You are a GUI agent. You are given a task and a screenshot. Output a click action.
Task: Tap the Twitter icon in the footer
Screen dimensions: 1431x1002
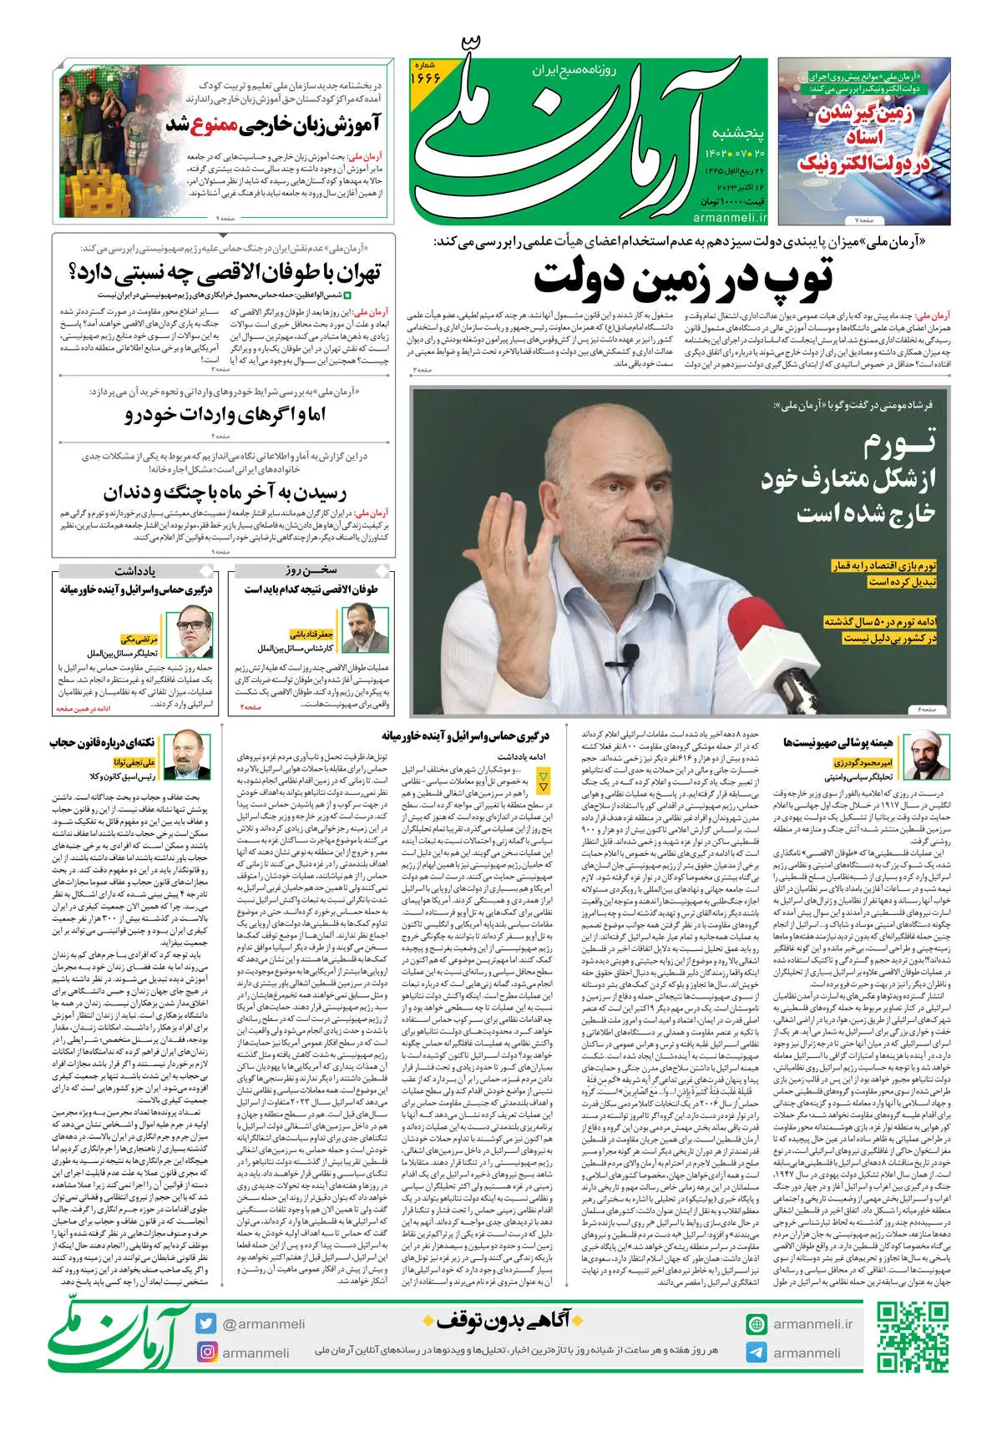coord(207,1323)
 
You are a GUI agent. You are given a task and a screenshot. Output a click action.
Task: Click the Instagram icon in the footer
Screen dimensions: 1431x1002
coord(207,1352)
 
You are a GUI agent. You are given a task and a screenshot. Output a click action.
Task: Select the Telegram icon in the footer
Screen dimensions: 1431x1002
coord(757,1353)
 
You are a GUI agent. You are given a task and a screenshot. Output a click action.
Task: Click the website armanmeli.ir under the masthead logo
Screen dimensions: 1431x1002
coord(729,217)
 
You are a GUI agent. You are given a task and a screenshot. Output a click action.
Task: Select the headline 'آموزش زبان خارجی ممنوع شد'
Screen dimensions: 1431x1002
coord(272,125)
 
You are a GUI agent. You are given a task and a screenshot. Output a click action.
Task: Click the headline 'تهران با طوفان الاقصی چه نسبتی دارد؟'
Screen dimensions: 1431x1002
coord(225,272)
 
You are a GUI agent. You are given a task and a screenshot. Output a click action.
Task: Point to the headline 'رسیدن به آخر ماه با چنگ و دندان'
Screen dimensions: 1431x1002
coord(225,493)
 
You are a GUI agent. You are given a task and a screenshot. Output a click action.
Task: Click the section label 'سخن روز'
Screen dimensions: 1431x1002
coord(310,570)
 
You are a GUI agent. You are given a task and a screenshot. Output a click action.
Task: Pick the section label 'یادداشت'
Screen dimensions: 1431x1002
coord(135,571)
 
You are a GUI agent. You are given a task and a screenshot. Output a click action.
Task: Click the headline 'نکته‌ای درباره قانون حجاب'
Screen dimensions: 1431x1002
coord(102,742)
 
